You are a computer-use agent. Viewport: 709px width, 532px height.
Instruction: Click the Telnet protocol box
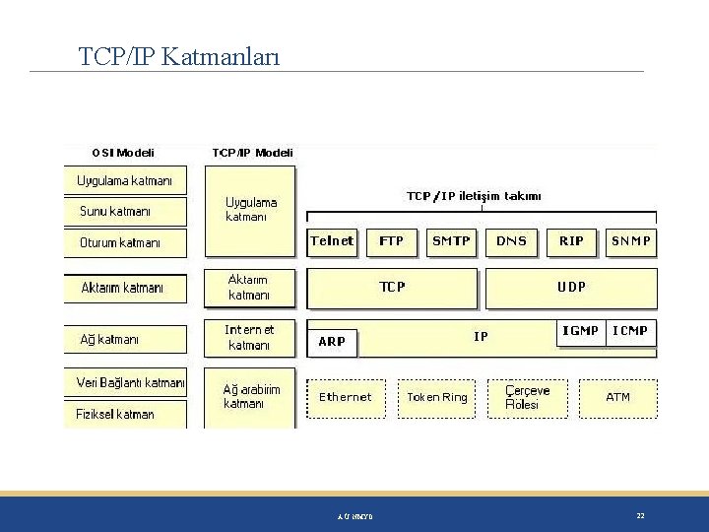(332, 241)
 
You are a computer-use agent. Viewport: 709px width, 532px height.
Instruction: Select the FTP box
(391, 241)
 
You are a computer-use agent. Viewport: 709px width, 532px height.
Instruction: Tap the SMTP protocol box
(451, 241)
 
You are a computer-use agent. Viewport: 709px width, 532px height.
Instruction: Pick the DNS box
(511, 241)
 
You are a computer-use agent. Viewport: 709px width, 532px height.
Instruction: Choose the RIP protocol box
(571, 241)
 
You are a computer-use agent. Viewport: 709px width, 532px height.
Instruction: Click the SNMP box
(631, 241)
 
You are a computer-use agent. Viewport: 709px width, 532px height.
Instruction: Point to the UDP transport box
(571, 288)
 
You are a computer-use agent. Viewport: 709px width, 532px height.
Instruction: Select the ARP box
(333, 342)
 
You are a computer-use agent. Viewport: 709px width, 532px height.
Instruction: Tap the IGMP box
(580, 332)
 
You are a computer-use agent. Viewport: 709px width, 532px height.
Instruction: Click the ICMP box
(630, 332)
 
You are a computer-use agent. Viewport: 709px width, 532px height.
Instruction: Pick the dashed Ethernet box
(346, 398)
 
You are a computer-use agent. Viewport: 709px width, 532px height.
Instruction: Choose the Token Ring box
(437, 398)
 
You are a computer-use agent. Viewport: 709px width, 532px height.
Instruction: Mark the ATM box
(617, 398)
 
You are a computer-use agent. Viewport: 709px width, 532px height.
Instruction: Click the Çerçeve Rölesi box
(528, 398)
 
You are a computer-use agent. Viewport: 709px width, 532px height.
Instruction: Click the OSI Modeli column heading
(123, 153)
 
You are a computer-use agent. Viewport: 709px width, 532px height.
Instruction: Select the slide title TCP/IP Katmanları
(179, 57)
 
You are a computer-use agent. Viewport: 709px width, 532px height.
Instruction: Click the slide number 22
(640, 515)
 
